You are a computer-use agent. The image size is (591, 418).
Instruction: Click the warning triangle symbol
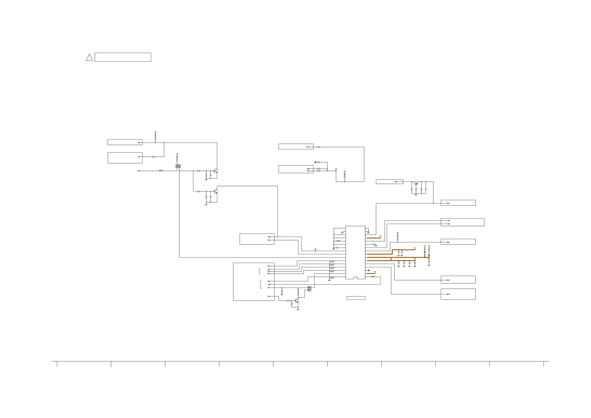(89, 57)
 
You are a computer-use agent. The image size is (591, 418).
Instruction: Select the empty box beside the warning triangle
(123, 57)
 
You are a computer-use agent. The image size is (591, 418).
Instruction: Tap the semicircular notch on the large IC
(356, 278)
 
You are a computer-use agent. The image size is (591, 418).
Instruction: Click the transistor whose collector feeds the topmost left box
(216, 171)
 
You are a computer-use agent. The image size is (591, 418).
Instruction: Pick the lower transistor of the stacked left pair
(216, 191)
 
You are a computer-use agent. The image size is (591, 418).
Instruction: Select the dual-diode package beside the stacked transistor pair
(178, 166)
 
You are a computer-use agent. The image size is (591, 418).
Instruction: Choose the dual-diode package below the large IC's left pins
(309, 289)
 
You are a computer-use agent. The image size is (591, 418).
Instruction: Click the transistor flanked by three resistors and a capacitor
(416, 183)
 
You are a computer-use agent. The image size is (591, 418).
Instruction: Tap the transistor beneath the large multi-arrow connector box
(297, 301)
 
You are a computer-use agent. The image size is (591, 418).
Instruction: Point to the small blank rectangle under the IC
(356, 298)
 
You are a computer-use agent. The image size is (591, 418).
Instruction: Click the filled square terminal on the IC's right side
(369, 270)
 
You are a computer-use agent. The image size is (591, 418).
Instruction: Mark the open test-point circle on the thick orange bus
(391, 259)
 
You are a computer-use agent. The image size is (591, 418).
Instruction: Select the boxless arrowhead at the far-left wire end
(139, 171)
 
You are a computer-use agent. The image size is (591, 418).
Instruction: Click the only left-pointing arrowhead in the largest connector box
(269, 284)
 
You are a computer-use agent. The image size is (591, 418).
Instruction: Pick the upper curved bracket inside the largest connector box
(260, 272)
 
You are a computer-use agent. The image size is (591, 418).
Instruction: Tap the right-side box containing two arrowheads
(462, 222)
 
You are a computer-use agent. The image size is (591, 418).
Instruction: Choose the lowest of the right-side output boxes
(458, 294)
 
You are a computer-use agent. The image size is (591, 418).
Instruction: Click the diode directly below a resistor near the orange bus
(429, 255)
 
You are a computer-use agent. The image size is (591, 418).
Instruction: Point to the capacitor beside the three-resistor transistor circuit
(426, 189)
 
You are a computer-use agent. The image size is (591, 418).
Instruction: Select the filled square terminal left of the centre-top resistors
(315, 162)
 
